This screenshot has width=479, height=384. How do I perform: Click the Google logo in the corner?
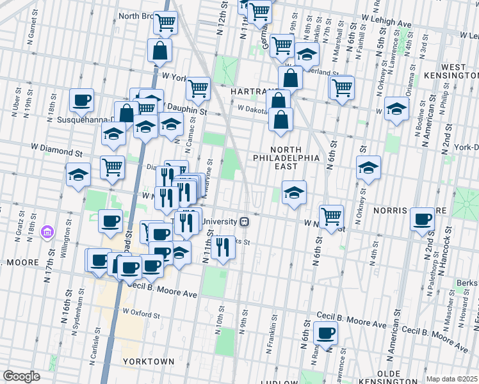click(x=21, y=376)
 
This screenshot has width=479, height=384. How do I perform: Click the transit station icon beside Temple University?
click(x=244, y=221)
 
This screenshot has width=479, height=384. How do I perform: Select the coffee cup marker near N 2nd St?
click(x=423, y=219)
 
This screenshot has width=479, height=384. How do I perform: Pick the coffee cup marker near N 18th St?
click(x=82, y=100)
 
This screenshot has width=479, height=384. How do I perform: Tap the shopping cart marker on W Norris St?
click(x=331, y=216)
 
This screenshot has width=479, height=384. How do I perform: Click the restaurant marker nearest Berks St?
click(x=222, y=246)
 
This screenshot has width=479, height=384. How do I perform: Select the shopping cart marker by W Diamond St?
click(x=113, y=167)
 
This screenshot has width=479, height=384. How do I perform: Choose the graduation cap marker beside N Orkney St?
click(x=368, y=168)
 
